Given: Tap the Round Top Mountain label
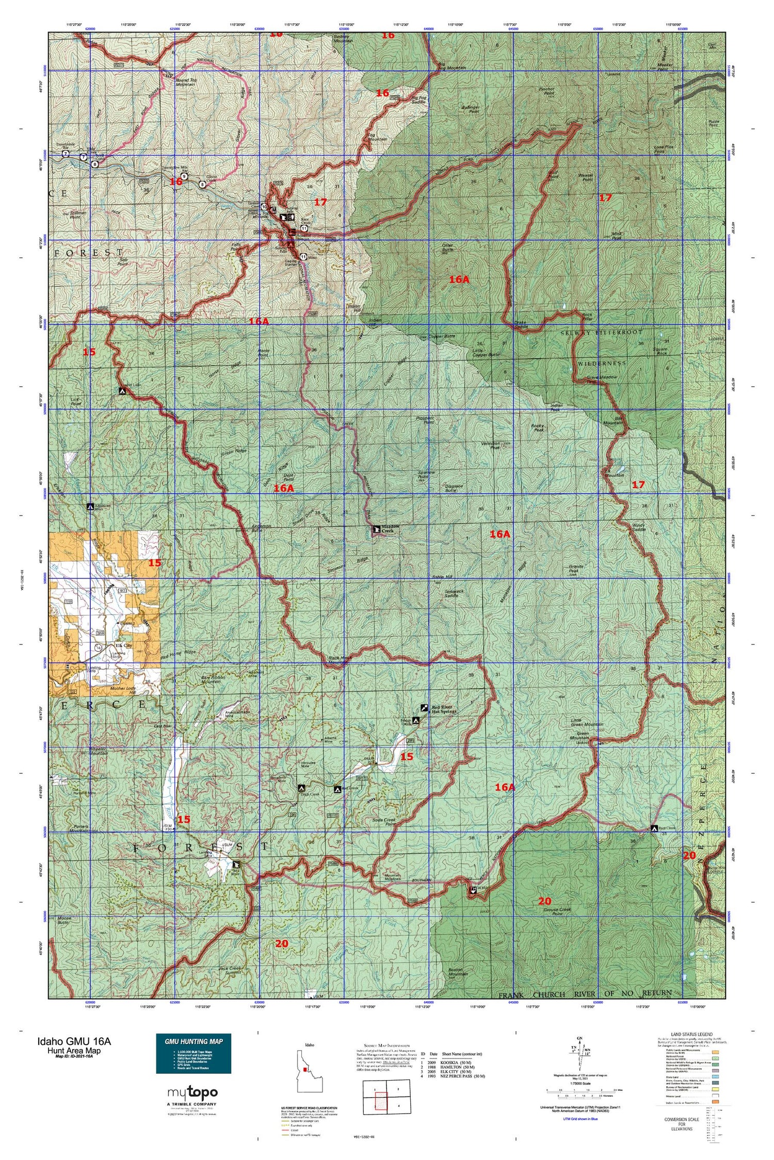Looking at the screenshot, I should point(185,82).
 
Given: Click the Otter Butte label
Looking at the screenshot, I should point(447,247).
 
